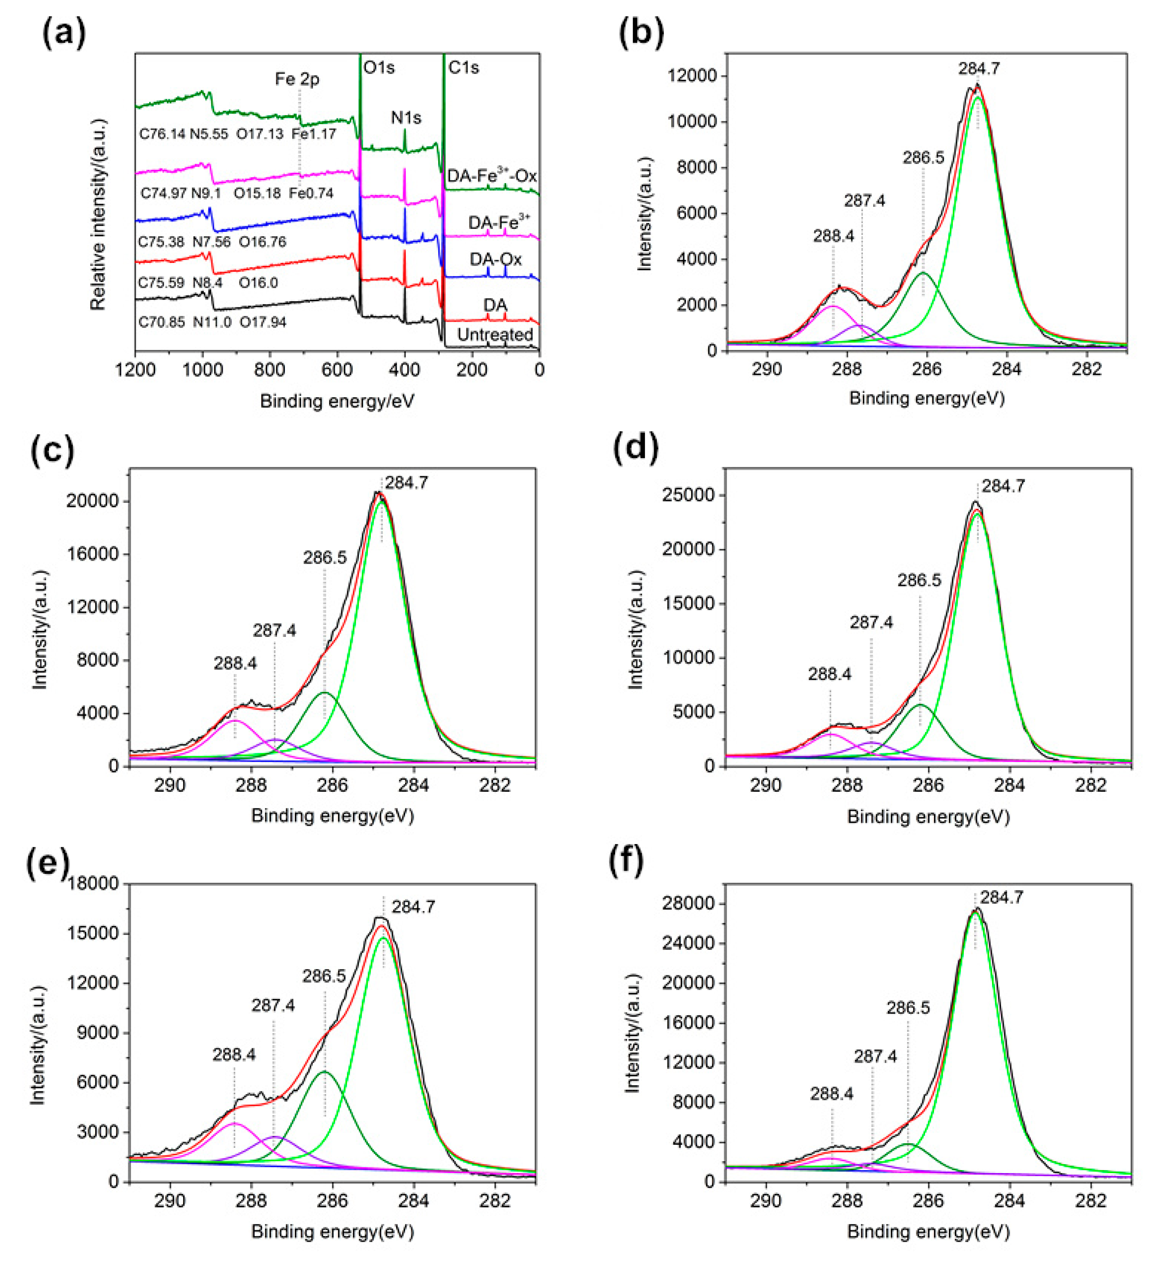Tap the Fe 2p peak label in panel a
pyautogui.click(x=297, y=79)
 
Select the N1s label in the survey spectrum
pyautogui.click(x=406, y=117)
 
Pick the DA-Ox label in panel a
pyautogui.click(x=495, y=259)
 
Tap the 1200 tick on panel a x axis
pyautogui.click(x=135, y=369)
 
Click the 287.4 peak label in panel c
pyautogui.click(x=274, y=630)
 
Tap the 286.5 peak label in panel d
pyautogui.click(x=919, y=580)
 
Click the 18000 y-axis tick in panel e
pyautogui.click(x=97, y=884)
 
